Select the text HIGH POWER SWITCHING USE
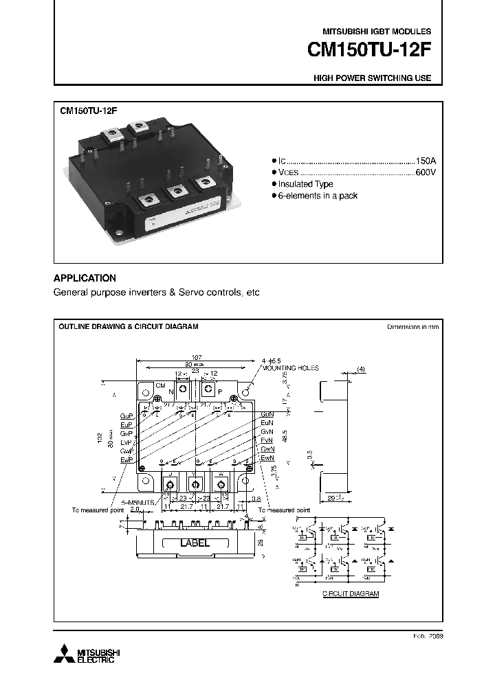pyautogui.click(x=373, y=78)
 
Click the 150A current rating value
pyautogui.click(x=425, y=159)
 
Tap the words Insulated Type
pyautogui.click(x=305, y=184)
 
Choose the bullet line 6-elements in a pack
pyautogui.click(x=317, y=196)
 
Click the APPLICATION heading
pyautogui.click(x=85, y=278)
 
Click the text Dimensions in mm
pyautogui.click(x=412, y=327)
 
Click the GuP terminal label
pyautogui.click(x=126, y=416)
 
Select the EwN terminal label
pyautogui.click(x=267, y=457)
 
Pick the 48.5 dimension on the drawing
pyautogui.click(x=285, y=436)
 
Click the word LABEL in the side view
pyautogui.click(x=195, y=543)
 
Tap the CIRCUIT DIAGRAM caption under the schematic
pyautogui.click(x=351, y=593)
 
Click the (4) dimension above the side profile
pyautogui.click(x=361, y=369)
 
